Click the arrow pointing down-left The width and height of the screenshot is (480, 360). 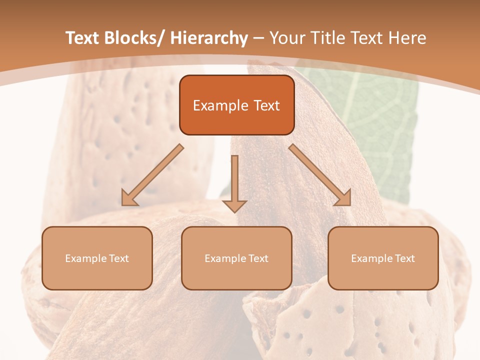click(x=152, y=175)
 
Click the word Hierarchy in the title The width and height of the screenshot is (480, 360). click(x=208, y=38)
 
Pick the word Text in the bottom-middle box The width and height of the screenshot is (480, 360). click(x=257, y=258)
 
